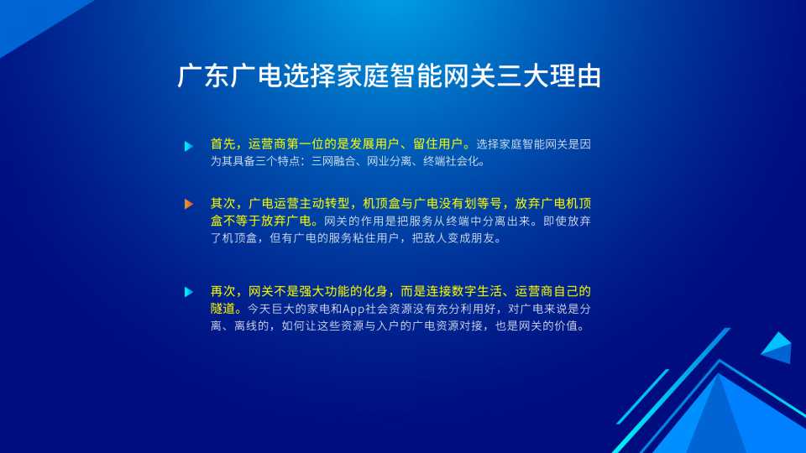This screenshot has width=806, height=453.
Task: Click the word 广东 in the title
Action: pos(203,76)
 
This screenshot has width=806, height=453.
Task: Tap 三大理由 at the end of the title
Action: pos(548,76)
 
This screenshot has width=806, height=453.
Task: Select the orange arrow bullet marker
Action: pos(189,204)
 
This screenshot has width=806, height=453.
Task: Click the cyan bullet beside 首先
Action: pos(189,146)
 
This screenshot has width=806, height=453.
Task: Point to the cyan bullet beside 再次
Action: pos(189,292)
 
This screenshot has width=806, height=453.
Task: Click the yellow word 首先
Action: pos(223,143)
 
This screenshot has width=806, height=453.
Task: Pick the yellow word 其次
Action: pos(223,204)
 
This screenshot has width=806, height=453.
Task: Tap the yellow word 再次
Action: pos(223,292)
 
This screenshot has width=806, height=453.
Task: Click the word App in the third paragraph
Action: pos(353,310)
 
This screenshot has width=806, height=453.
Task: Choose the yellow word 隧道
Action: pos(223,309)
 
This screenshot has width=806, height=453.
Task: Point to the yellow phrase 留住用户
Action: pos(437,143)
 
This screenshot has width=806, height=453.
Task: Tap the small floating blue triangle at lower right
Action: pos(777,347)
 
